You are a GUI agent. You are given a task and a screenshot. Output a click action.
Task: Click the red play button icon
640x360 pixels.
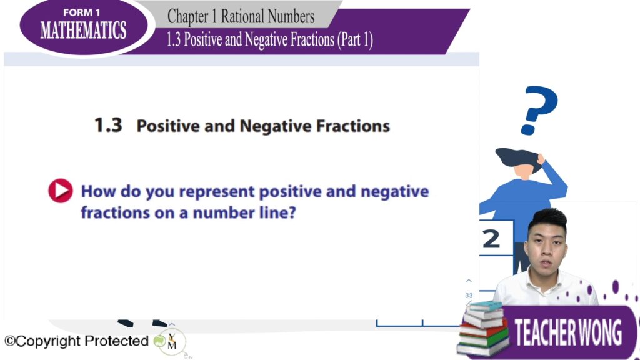click(x=61, y=191)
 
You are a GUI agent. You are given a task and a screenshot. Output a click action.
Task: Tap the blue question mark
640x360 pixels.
click(x=539, y=110)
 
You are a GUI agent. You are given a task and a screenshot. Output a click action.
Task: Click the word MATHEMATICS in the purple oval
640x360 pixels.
click(x=83, y=30)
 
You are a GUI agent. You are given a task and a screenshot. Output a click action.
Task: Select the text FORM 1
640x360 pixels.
click(x=82, y=12)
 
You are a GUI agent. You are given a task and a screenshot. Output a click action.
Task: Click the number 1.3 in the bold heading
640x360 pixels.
click(x=108, y=125)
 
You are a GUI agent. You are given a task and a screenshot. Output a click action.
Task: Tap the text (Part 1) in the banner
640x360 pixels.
click(x=355, y=39)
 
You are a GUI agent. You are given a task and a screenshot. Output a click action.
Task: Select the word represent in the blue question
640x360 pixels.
click(x=217, y=192)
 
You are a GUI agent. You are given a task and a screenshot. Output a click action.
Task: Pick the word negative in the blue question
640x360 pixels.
click(x=395, y=192)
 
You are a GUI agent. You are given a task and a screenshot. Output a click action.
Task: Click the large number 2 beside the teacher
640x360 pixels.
click(x=491, y=239)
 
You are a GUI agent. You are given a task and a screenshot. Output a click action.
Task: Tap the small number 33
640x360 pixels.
click(x=469, y=296)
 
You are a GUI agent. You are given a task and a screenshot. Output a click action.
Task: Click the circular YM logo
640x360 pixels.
click(x=172, y=342)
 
